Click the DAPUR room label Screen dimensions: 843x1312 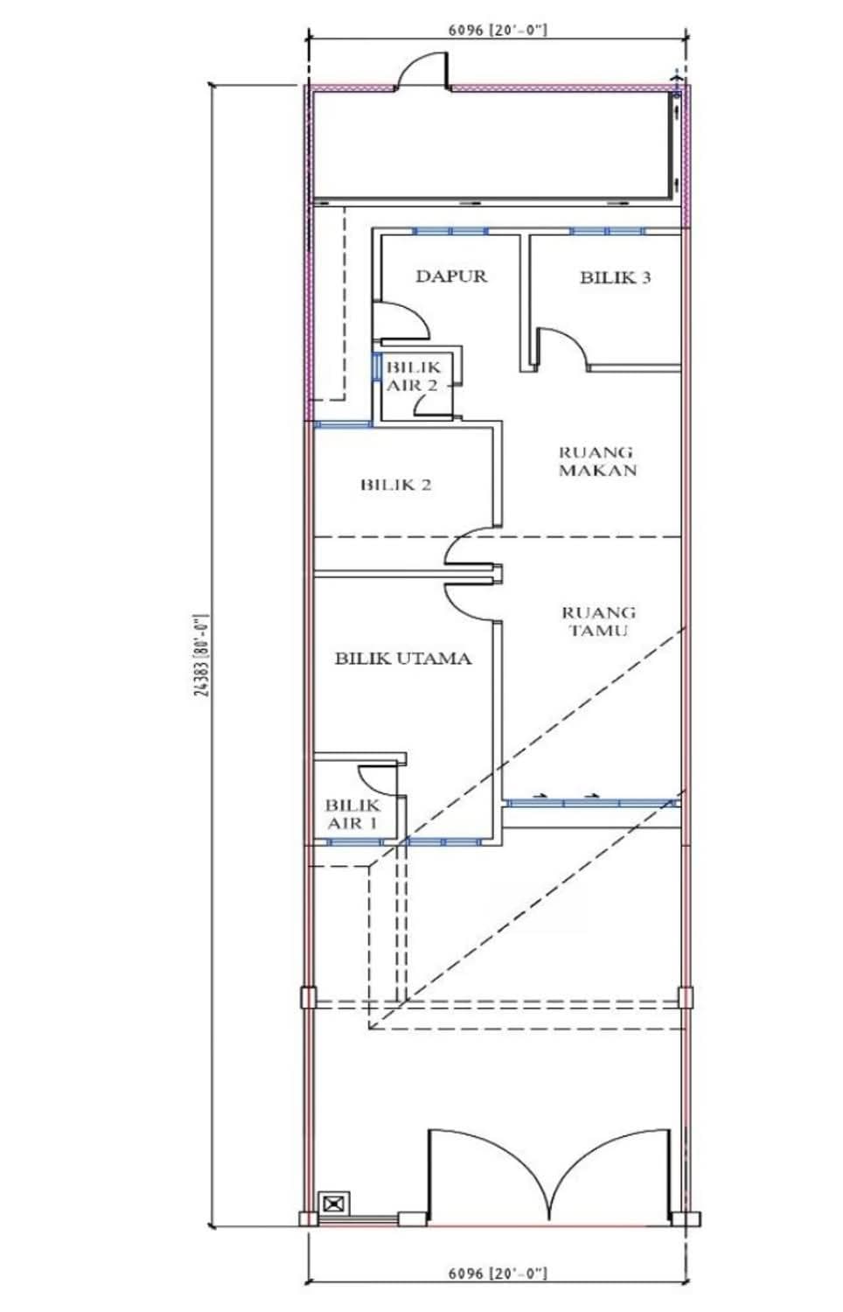(451, 276)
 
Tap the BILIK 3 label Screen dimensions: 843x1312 (616, 277)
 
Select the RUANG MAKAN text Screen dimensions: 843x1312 (598, 461)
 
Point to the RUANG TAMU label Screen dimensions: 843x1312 (598, 621)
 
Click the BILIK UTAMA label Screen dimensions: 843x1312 (403, 659)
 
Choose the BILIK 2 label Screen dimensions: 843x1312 (396, 485)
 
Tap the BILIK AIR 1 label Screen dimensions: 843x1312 (352, 814)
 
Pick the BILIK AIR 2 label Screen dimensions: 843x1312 (413, 376)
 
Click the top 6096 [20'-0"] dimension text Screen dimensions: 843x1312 (498, 30)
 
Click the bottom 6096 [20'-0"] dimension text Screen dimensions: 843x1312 (498, 1285)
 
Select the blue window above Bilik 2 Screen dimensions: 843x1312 (343, 423)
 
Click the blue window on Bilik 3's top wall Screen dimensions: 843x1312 (609, 231)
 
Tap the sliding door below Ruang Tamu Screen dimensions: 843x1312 (591, 802)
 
